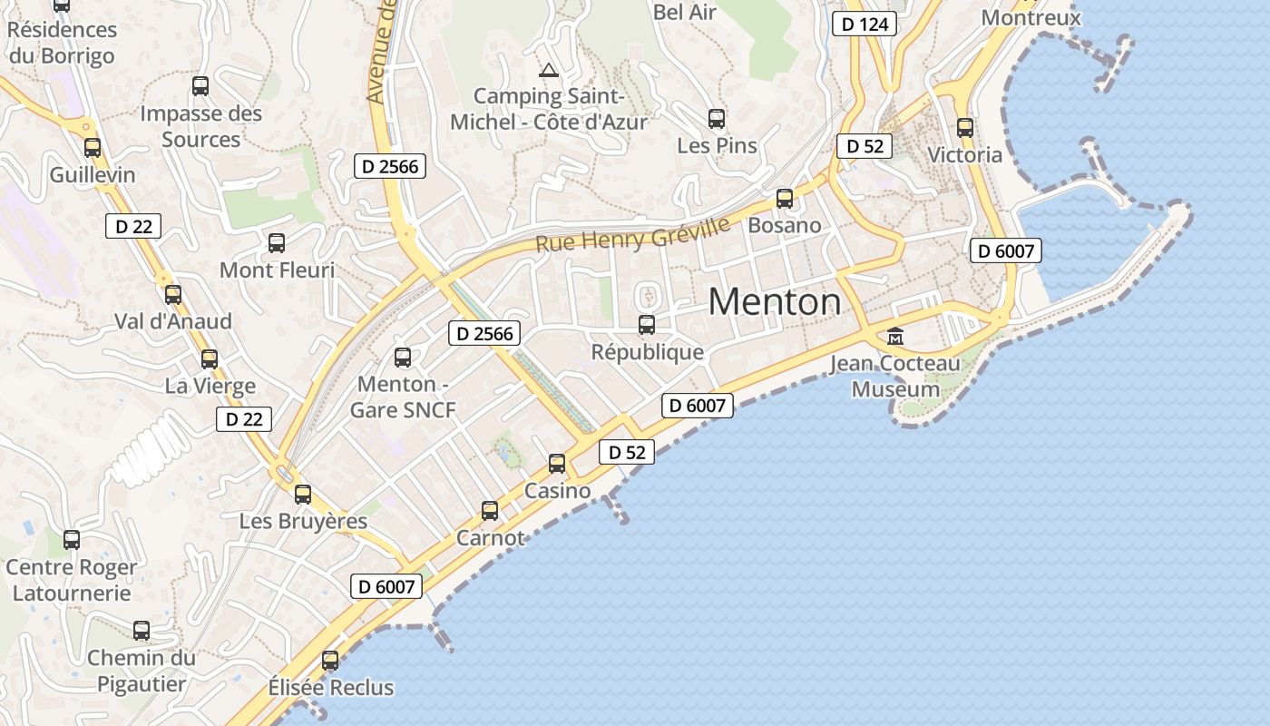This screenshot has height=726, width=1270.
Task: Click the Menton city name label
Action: pos(774,302)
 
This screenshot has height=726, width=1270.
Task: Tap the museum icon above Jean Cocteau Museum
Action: pos(895,337)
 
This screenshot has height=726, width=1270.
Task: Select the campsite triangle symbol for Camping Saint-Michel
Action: pos(548,70)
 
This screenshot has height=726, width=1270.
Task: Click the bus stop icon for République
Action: pos(647,324)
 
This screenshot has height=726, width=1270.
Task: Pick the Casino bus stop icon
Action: pos(557,464)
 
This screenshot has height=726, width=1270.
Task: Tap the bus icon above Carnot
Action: pos(490,510)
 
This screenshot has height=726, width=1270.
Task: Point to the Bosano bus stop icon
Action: pos(785,199)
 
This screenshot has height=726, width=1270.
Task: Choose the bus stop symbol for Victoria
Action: pos(965,128)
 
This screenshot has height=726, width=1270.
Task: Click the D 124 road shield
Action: pos(865,25)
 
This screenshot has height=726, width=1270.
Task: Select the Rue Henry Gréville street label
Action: pos(632,235)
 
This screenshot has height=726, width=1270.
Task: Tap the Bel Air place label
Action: pos(685,12)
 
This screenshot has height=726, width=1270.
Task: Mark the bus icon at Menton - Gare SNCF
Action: pos(403,358)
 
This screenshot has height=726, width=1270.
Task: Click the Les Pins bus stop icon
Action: pos(717,119)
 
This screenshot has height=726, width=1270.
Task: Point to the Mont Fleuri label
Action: pos(277,270)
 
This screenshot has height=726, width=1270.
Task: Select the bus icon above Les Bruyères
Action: pos(303,495)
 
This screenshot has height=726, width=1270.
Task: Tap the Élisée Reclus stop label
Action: pos(331,687)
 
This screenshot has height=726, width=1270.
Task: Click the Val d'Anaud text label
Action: pos(172,321)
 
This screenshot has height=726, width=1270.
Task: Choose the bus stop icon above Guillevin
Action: pos(93,148)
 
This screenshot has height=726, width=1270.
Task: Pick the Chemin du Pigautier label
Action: pos(142,671)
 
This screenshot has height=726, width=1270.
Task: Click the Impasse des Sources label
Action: pos(200,126)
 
